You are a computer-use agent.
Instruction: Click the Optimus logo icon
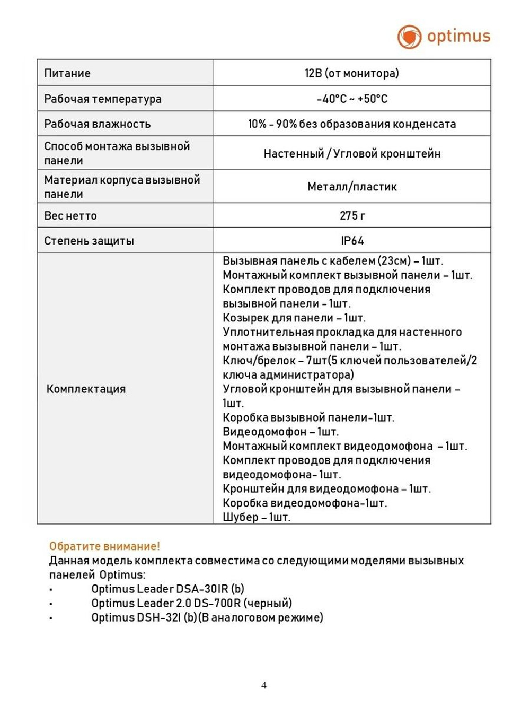click(409, 37)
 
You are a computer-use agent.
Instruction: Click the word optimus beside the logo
click(458, 36)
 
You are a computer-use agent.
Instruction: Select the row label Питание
click(67, 73)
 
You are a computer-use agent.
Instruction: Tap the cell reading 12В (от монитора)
click(352, 73)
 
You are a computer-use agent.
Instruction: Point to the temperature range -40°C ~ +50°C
click(352, 99)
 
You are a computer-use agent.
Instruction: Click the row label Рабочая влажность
click(98, 124)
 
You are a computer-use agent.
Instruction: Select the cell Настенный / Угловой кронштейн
click(352, 154)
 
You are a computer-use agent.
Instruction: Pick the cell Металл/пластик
click(352, 187)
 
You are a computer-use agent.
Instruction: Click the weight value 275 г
click(352, 216)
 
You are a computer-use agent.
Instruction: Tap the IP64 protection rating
click(352, 241)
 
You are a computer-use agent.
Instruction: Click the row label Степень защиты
click(89, 241)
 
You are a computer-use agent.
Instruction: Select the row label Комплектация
click(86, 389)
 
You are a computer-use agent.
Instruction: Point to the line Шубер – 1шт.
click(257, 517)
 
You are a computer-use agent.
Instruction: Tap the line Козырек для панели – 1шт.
click(294, 318)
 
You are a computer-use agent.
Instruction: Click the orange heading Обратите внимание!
click(104, 546)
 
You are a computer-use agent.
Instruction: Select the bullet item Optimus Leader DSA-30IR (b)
click(167, 589)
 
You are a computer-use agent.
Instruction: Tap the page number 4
click(264, 685)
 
